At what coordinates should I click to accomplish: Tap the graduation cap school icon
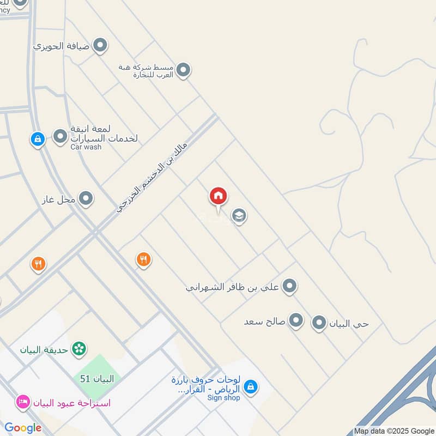(x=239, y=216)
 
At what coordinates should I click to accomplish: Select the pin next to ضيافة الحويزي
(x=100, y=46)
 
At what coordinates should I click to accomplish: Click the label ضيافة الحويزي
(x=60, y=46)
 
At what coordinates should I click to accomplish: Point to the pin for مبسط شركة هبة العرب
(x=184, y=70)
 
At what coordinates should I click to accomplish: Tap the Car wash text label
(x=86, y=147)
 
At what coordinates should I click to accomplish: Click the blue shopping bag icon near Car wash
(x=37, y=139)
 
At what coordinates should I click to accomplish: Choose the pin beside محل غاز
(x=86, y=199)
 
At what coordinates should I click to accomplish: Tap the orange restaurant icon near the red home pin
(x=143, y=260)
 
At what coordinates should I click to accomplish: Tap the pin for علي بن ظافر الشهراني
(x=290, y=286)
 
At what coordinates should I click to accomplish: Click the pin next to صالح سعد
(x=296, y=321)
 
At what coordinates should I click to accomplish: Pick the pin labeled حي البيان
(x=319, y=323)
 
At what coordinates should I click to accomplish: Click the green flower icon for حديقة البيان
(x=80, y=348)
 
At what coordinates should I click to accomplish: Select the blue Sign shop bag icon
(x=250, y=387)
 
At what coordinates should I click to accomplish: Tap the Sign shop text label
(x=223, y=398)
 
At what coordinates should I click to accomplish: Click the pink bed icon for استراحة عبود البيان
(x=23, y=403)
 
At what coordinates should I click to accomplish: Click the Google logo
(x=23, y=428)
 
